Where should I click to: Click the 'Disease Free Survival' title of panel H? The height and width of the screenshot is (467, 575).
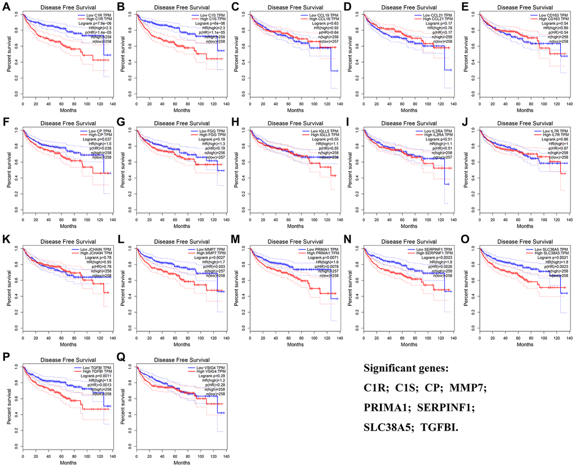(293, 124)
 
